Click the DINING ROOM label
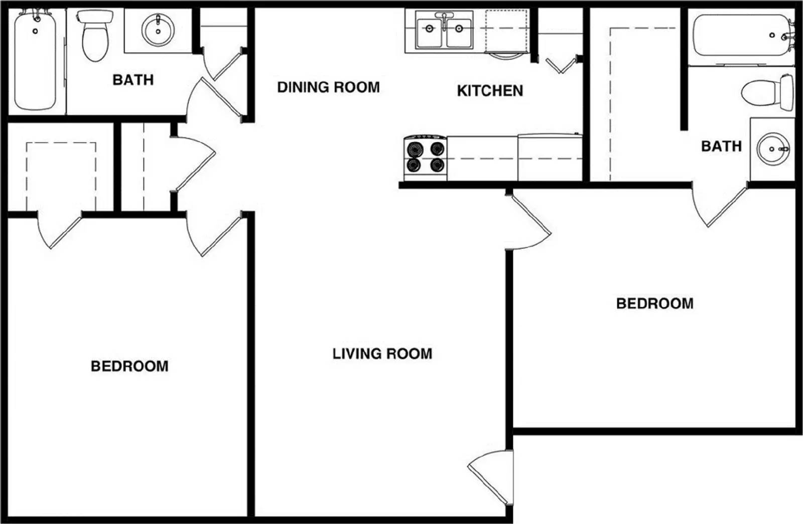tap(328, 87)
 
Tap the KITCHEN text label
tap(490, 91)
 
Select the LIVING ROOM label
tap(382, 354)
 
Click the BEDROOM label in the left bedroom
tap(129, 366)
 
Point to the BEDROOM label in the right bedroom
tap(654, 303)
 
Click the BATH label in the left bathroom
tap(133, 80)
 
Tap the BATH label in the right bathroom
tap(721, 146)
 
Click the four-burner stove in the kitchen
tap(425, 157)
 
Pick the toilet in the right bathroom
tap(768, 92)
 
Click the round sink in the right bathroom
tap(773, 149)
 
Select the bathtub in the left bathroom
tap(35, 60)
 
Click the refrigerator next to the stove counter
tap(550, 157)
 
